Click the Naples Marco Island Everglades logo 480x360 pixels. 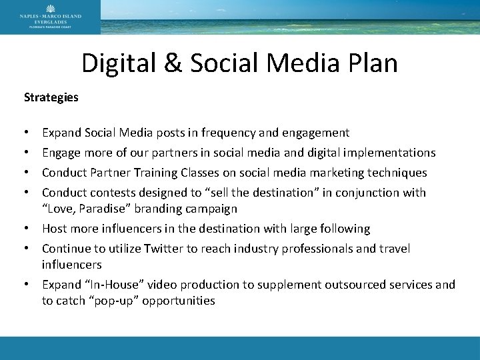(50, 17)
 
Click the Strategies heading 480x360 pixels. (51, 97)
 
